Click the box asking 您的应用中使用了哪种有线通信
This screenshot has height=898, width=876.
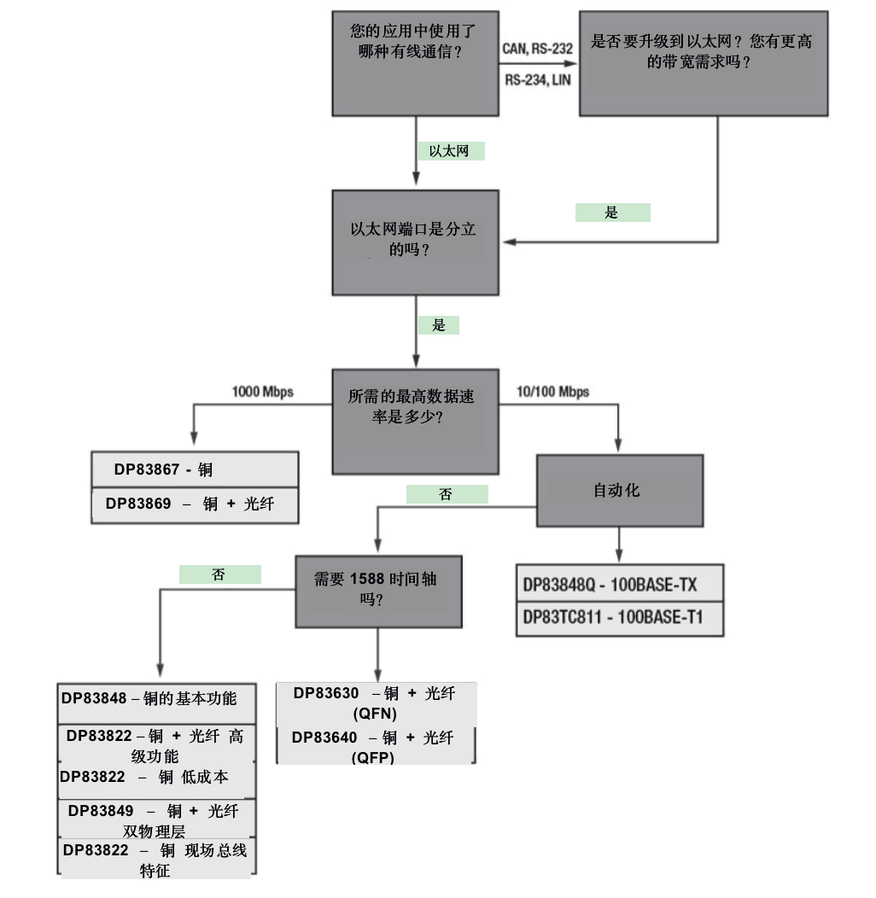tap(415, 63)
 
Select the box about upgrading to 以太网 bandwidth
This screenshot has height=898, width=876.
tap(704, 63)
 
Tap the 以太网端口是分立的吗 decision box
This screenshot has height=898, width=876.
tap(415, 242)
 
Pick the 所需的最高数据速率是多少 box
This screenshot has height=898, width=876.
tap(415, 422)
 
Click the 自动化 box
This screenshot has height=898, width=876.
tap(620, 491)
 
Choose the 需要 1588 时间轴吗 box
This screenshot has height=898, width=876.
tap(379, 592)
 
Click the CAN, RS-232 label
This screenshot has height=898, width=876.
tap(537, 49)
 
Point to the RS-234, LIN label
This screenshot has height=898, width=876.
tap(537, 80)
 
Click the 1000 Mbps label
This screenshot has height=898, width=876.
tap(262, 392)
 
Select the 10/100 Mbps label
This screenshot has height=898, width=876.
tap(553, 392)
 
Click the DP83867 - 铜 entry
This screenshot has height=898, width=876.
tap(195, 469)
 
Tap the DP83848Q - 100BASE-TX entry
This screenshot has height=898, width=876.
tap(620, 584)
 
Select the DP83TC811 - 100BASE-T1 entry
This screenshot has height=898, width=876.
tap(620, 619)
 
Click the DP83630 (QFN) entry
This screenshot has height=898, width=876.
tap(376, 704)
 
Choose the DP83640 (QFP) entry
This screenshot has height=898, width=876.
tap(376, 746)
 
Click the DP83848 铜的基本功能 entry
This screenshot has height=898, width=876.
tap(156, 703)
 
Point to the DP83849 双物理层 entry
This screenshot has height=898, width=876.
tap(156, 819)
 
